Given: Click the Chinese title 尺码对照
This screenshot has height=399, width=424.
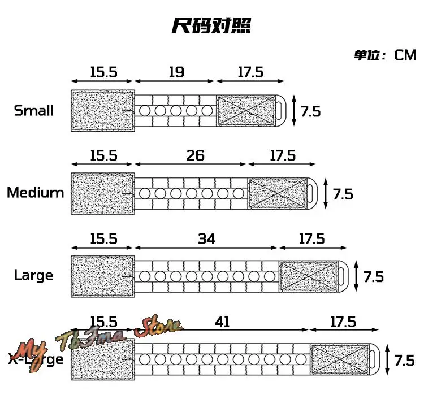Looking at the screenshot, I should tap(211, 27).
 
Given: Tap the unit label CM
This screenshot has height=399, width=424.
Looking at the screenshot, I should tap(405, 55).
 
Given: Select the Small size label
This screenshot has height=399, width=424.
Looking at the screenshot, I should tap(33, 110).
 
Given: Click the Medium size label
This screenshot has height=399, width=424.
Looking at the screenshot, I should tap(35, 193).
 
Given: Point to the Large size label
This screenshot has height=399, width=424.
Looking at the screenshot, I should tap(33, 275).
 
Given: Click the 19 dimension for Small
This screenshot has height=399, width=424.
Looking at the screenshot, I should tap(176, 72).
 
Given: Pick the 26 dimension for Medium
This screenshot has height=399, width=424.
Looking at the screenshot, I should tap(195, 155).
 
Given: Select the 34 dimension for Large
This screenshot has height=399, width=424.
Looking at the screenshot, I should tap(206, 239).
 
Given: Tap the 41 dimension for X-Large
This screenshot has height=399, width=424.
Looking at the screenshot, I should tap(222, 322).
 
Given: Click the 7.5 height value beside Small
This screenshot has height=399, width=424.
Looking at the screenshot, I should tap(310, 111).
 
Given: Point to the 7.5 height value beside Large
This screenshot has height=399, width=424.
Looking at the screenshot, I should tap(373, 276).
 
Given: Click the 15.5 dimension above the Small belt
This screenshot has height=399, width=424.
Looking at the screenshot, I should tap(103, 72).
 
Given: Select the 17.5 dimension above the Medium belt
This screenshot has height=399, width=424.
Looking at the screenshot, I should tap(282, 155).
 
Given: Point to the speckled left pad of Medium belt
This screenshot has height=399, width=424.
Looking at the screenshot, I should tap(102, 193).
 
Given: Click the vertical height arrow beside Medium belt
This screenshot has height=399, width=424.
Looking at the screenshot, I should tap(325, 193).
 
